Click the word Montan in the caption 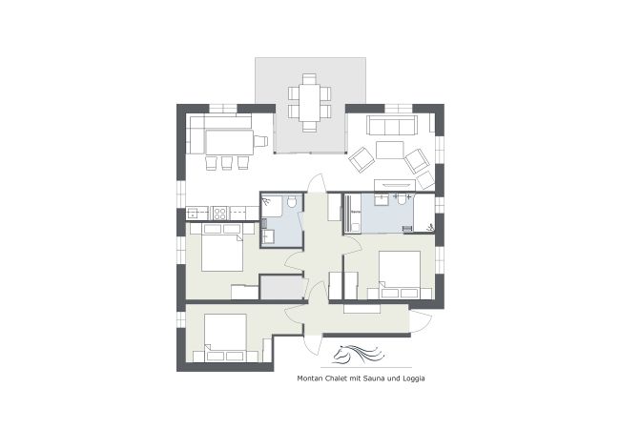tap(312, 378)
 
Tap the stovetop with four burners tap(217, 213)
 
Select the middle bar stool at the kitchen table tap(226, 163)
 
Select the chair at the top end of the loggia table tap(309, 78)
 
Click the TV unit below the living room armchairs tap(394, 183)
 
